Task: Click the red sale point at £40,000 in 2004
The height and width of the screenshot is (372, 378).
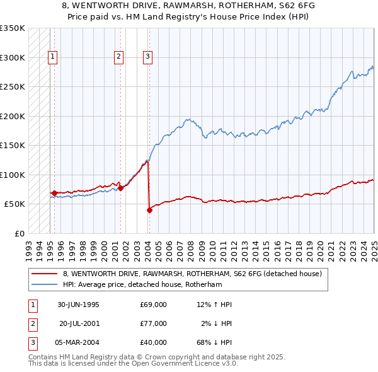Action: click(x=149, y=210)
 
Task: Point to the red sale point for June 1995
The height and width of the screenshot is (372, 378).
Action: click(x=55, y=193)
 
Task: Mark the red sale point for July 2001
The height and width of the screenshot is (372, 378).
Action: click(x=120, y=188)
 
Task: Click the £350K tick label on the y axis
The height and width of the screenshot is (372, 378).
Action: click(x=12, y=28)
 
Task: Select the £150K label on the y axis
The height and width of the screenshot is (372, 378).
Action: click(x=12, y=145)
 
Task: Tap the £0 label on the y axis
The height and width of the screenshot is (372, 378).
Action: click(x=19, y=233)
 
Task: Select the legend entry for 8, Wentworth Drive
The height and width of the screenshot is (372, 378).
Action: click(x=192, y=274)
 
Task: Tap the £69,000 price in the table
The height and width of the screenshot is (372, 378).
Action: click(x=154, y=305)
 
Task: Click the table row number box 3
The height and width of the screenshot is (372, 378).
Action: click(x=32, y=342)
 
